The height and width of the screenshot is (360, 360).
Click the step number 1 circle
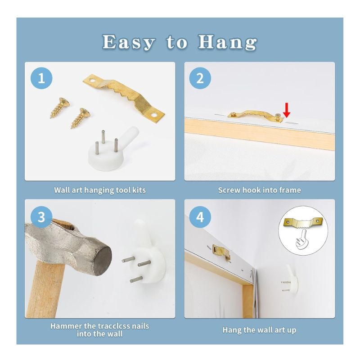click(x=41, y=78)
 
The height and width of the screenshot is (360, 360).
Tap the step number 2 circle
click(x=200, y=78)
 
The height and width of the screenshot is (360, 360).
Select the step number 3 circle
click(x=41, y=217)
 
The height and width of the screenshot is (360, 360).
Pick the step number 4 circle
click(x=200, y=217)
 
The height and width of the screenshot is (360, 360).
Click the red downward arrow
click(x=287, y=110)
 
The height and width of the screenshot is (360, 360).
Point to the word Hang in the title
click(x=228, y=42)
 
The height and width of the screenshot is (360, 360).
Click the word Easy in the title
click(x=129, y=42)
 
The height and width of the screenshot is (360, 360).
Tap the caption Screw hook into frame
click(x=260, y=190)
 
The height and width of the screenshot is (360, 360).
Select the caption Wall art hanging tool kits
click(x=100, y=190)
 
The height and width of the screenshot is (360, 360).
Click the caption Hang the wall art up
click(x=260, y=330)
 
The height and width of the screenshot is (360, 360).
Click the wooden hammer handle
click(x=44, y=290)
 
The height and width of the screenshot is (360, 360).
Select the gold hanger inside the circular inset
click(x=303, y=223)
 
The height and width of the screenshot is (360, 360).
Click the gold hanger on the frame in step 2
click(x=255, y=116)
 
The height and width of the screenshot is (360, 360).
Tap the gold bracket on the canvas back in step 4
click(x=221, y=252)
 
